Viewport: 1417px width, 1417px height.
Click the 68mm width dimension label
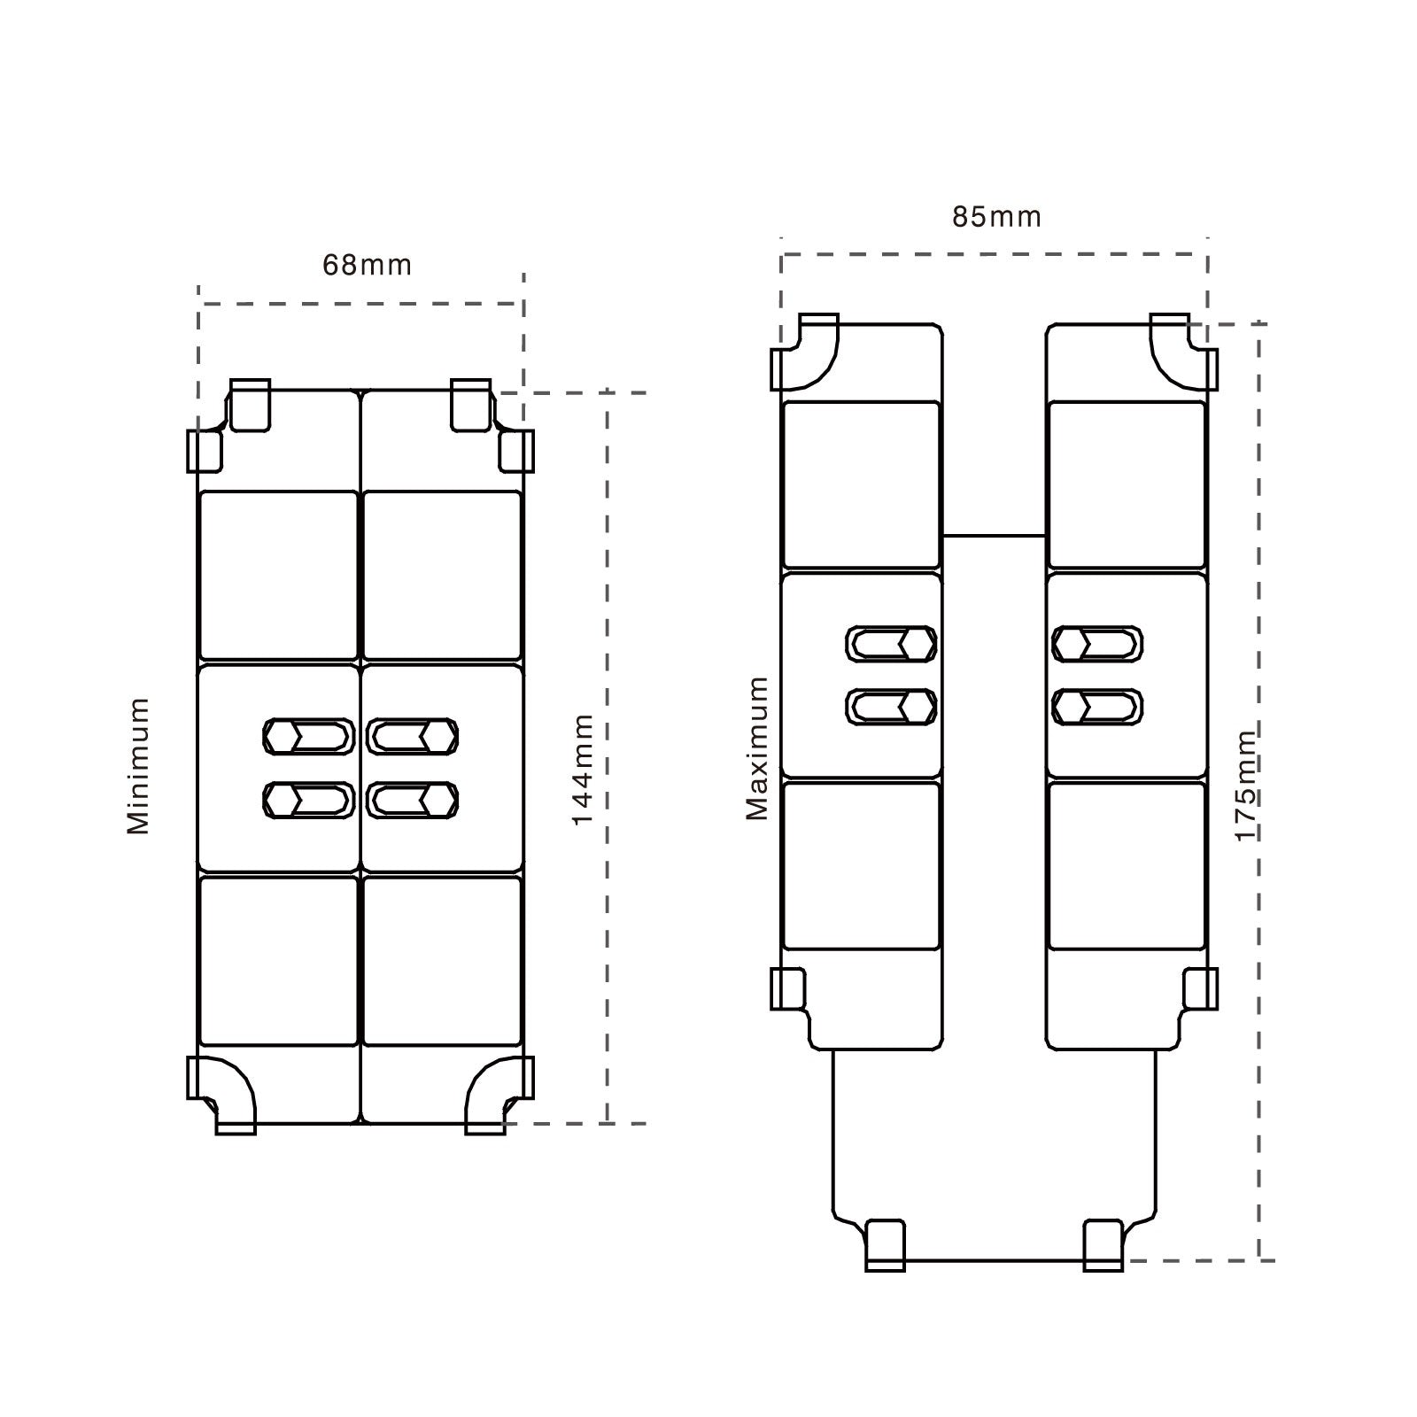(x=367, y=265)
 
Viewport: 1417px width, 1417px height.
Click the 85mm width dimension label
(x=996, y=217)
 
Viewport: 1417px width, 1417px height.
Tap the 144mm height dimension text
(x=582, y=770)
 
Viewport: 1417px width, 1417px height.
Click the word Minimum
(x=138, y=766)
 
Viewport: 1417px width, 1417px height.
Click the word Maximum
(x=757, y=748)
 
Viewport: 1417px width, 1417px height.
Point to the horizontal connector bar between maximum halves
(x=994, y=535)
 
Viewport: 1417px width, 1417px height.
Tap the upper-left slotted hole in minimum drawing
(x=309, y=736)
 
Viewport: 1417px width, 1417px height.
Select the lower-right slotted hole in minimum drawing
(x=413, y=800)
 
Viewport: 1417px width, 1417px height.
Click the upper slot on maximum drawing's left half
(x=891, y=644)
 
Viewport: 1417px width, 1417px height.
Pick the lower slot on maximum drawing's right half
(x=1096, y=707)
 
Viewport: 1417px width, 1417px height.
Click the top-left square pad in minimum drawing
(x=278, y=575)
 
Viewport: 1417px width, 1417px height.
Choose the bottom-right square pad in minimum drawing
(x=443, y=961)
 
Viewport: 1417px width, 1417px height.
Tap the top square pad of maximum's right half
(x=1127, y=484)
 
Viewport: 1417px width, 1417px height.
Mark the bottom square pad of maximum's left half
(x=861, y=865)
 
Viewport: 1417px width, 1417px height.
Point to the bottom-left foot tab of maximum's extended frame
(x=885, y=1246)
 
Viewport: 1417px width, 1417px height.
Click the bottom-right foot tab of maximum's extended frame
(x=1103, y=1246)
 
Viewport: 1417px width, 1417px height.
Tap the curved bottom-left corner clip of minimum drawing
(x=222, y=1096)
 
